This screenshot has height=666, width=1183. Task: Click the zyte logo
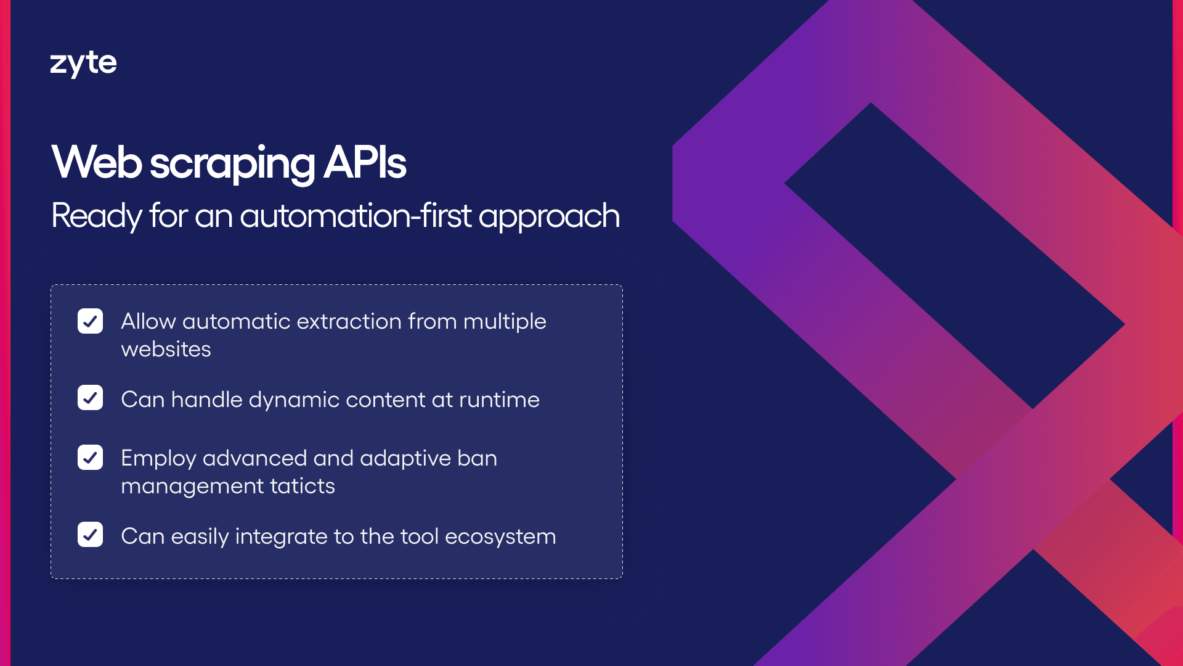(83, 64)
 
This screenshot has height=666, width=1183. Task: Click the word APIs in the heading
(365, 163)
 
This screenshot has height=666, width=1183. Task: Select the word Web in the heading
(97, 163)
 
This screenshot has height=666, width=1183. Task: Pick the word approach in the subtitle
(549, 217)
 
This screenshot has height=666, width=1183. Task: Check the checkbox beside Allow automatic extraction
(90, 321)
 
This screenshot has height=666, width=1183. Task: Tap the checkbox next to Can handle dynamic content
(90, 398)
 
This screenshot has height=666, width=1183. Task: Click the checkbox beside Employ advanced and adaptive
(90, 458)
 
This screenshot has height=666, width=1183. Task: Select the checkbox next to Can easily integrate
(90, 535)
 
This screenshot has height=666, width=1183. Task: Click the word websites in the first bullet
(166, 349)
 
